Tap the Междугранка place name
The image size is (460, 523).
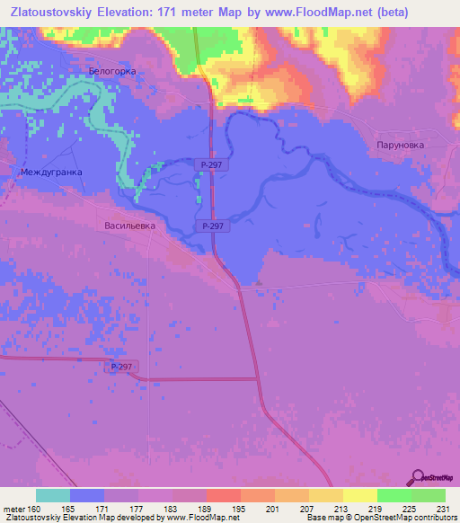point(51,171)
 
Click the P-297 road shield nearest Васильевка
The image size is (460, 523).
point(216,226)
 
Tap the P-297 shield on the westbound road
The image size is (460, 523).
point(122,367)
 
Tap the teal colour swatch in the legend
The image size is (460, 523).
point(53,495)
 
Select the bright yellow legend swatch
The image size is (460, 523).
point(359,495)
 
